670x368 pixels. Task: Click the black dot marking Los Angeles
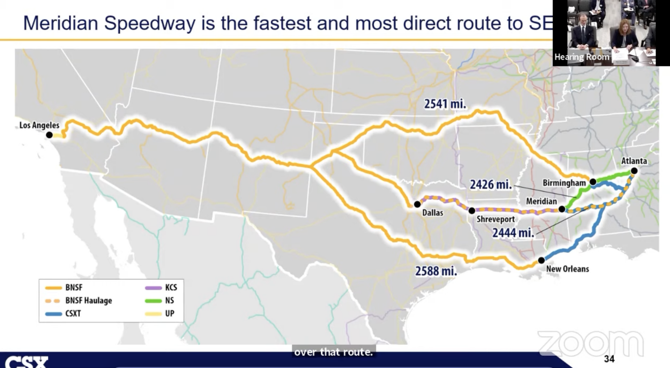[50, 135]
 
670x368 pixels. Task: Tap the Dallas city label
[432, 213]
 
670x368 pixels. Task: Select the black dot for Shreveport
[471, 211]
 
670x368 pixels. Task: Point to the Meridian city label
[541, 201]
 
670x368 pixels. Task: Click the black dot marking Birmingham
[593, 182]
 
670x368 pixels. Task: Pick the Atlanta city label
[634, 161]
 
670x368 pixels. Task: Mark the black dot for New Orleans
[541, 260]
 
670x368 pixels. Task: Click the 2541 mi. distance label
[445, 104]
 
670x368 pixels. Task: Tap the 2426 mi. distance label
[491, 185]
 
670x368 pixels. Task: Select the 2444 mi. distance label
[513, 233]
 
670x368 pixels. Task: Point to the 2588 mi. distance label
[436, 271]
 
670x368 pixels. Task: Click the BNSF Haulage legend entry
[88, 300]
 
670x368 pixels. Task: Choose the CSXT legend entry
[73, 313]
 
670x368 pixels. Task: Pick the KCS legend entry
[171, 287]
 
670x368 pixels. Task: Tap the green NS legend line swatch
[153, 301]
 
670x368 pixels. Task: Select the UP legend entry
[169, 313]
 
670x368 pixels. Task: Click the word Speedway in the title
[150, 23]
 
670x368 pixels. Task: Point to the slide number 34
[609, 359]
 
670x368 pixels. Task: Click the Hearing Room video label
[581, 57]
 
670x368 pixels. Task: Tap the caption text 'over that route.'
[333, 352]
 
